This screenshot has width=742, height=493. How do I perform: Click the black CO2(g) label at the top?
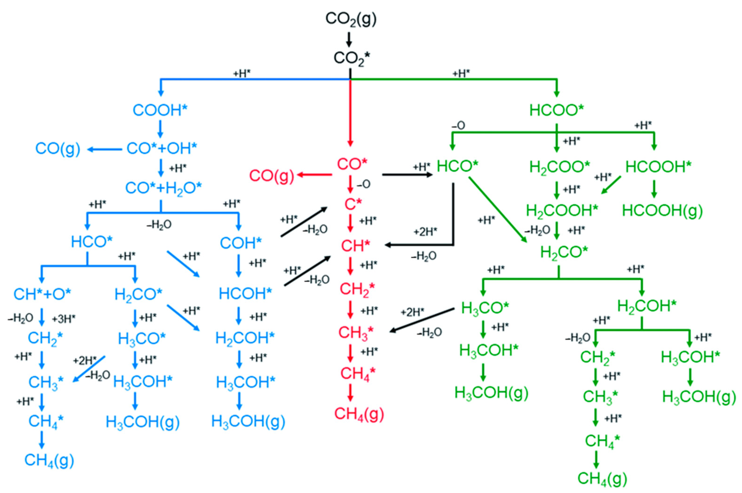pos(351,19)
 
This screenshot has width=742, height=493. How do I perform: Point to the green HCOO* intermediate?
pos(556,110)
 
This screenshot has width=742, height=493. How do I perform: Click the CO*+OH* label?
pos(162,148)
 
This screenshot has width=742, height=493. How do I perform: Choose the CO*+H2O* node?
pos(163,188)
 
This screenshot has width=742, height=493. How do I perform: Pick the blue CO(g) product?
pos(58,148)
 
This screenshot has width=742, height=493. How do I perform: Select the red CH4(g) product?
pos(359,414)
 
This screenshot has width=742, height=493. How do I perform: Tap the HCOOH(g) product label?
pos(662,211)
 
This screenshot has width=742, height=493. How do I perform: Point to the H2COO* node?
pos(560,167)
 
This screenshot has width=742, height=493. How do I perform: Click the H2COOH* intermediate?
pos(562,211)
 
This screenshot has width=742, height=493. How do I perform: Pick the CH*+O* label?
pos(42,294)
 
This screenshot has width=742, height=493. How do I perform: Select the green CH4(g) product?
pos(602,478)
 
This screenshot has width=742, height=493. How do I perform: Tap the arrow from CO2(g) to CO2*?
pos(349,39)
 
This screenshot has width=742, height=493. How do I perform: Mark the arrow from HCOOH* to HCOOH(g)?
pos(654,189)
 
